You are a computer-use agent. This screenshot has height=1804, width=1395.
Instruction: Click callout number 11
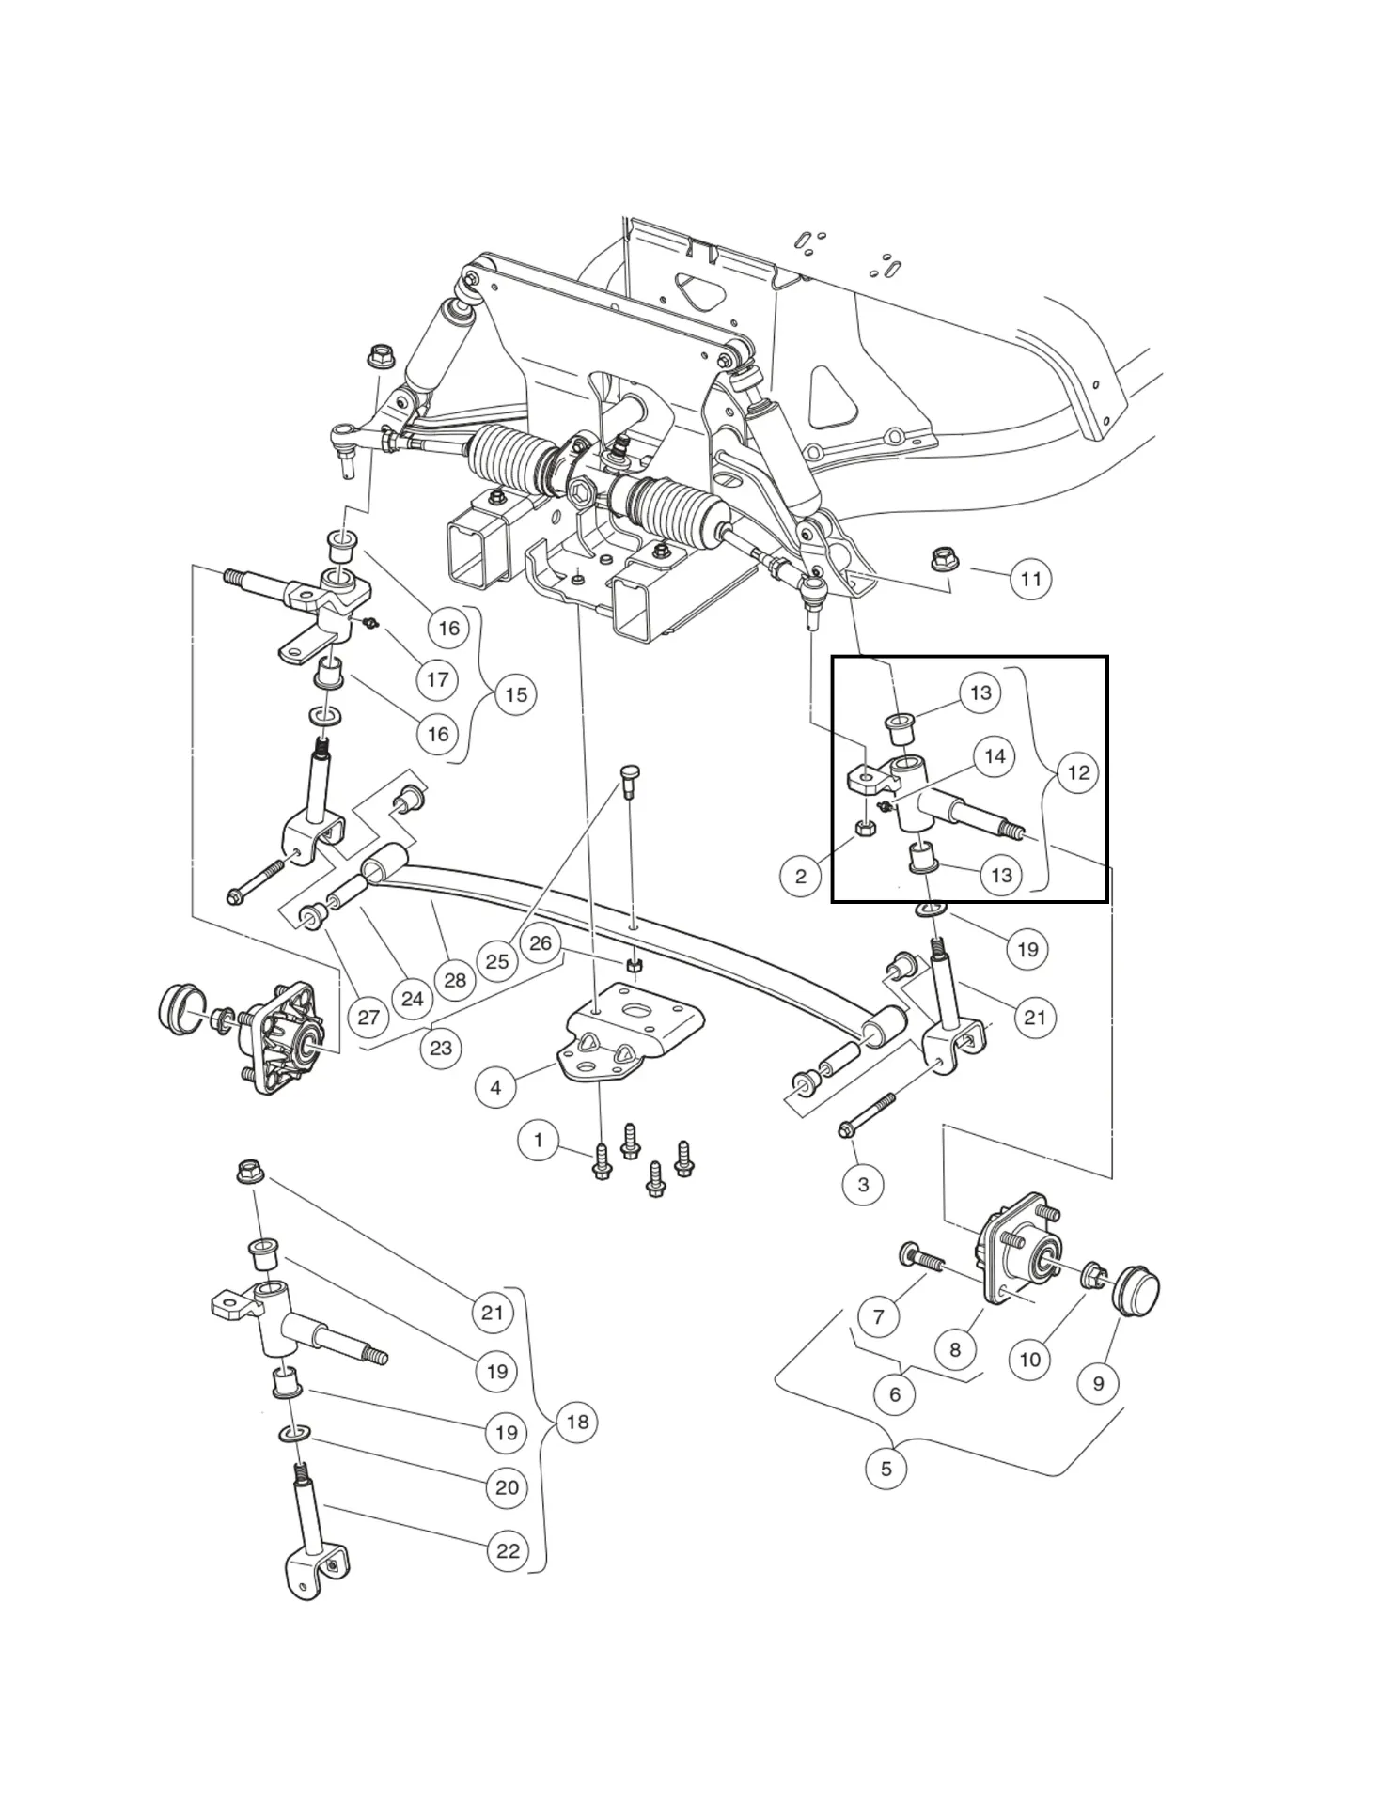coord(1031,579)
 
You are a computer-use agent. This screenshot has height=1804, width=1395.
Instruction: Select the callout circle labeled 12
coord(1078,772)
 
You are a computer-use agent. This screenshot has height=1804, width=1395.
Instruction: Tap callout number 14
coord(995,756)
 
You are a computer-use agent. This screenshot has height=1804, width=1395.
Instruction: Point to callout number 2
coord(800,877)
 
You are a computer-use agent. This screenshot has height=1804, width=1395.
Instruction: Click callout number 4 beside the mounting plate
coord(495,1088)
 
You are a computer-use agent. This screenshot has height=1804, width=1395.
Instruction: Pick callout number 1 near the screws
coord(538,1141)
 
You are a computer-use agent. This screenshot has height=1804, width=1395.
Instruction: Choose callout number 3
coord(863,1184)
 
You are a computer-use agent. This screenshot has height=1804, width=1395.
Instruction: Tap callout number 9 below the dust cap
coord(1098,1383)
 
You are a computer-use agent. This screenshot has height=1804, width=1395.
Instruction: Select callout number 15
coord(516,694)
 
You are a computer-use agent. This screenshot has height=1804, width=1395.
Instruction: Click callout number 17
coord(437,678)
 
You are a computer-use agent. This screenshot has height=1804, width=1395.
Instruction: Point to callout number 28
coord(455,980)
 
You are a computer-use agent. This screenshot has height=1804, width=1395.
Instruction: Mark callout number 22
coord(508,1550)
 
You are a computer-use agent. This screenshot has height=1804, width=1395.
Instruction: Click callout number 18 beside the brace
coord(577,1422)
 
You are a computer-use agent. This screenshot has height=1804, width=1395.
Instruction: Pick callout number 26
coord(540,942)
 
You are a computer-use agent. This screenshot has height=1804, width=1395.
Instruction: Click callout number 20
coord(507,1487)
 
